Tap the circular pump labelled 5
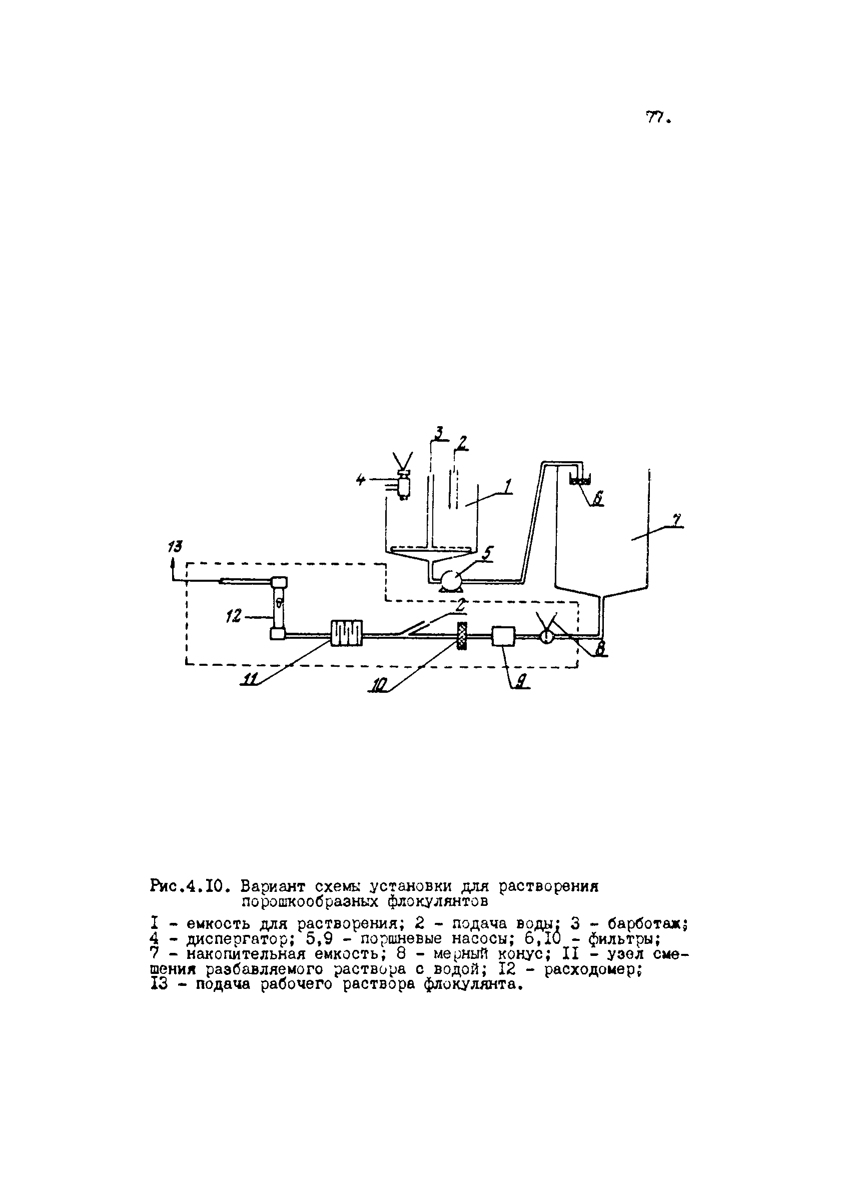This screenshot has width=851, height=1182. (451, 579)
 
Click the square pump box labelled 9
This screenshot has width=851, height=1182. (503, 636)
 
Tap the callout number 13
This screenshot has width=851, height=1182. (175, 547)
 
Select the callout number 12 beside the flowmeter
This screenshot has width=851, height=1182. (234, 617)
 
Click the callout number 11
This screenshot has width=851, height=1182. (250, 678)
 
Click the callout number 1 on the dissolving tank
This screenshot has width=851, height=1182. (508, 486)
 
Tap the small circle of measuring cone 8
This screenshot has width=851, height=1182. (546, 636)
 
